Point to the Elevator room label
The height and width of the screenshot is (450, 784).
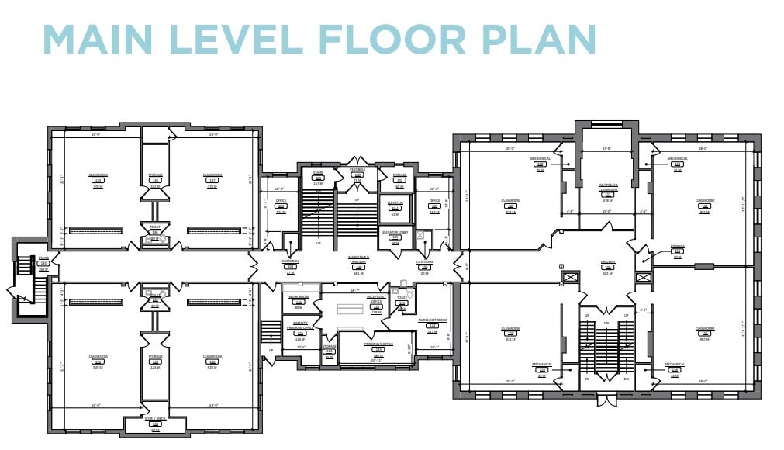pos(395,204)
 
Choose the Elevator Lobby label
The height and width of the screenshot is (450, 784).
pos(395,234)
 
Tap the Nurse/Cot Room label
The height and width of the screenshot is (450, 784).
pos(433,322)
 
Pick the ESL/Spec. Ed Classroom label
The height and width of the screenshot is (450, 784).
pos(608,186)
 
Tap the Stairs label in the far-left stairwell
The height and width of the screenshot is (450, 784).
pos(43,260)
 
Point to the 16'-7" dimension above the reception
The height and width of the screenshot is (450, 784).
pos(354,289)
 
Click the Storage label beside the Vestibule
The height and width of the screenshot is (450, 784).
pos(399,178)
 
